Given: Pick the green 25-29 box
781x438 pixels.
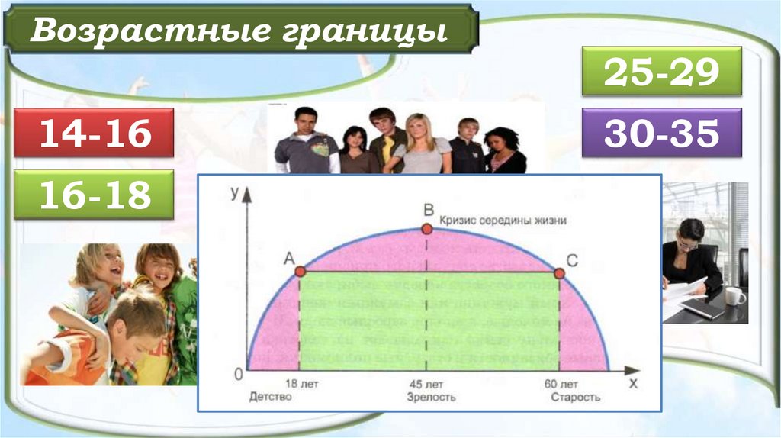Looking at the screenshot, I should point(661,72).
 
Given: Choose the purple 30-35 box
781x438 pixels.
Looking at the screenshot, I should point(661,133).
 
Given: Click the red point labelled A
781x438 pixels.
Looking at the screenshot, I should point(300,271).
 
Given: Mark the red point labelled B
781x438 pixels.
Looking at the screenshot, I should point(427,228).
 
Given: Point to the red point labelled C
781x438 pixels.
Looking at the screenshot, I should point(559,272).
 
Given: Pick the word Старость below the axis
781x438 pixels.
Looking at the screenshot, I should point(575,398).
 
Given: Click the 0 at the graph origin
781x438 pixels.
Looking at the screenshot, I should point(239,374).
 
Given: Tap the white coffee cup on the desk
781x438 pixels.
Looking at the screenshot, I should point(734,295).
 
